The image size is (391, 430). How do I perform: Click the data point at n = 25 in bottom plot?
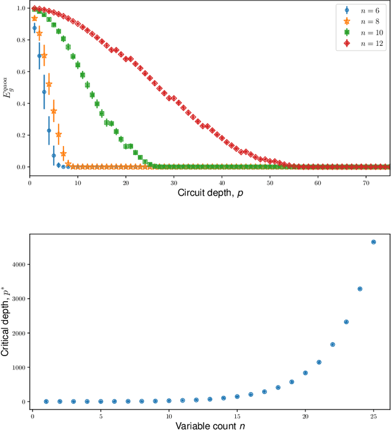(x=374, y=242)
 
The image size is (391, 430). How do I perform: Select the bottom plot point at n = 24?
(x=360, y=289)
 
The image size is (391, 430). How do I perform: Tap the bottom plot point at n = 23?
(x=346, y=322)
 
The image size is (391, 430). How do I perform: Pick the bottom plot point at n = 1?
(x=46, y=401)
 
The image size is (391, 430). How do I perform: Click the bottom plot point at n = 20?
(x=305, y=373)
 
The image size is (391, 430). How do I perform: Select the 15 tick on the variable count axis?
(x=237, y=415)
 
